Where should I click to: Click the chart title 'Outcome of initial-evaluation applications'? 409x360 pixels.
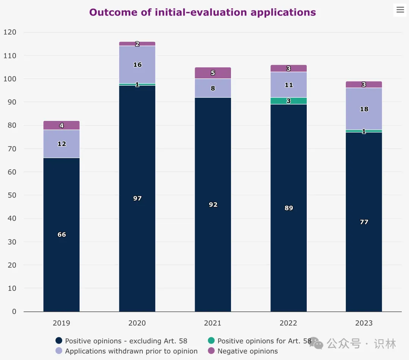(202, 12)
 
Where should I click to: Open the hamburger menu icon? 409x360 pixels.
(400, 10)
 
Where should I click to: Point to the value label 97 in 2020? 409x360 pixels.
(137, 198)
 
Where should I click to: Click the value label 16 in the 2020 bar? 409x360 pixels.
(137, 65)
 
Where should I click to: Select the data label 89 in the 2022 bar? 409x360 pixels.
(289, 208)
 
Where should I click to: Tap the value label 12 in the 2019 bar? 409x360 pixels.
(61, 144)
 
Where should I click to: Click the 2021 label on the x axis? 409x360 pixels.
(213, 323)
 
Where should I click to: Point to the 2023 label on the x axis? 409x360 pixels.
(364, 323)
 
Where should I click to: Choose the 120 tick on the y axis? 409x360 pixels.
(10, 32)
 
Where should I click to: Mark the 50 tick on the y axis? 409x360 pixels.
(12, 195)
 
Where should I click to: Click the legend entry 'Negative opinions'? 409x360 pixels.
(247, 351)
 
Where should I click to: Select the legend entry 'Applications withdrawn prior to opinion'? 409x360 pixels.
(131, 351)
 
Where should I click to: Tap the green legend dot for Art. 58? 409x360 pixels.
(211, 341)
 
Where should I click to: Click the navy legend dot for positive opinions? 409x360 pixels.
(59, 341)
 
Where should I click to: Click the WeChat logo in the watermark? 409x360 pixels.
(315, 343)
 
